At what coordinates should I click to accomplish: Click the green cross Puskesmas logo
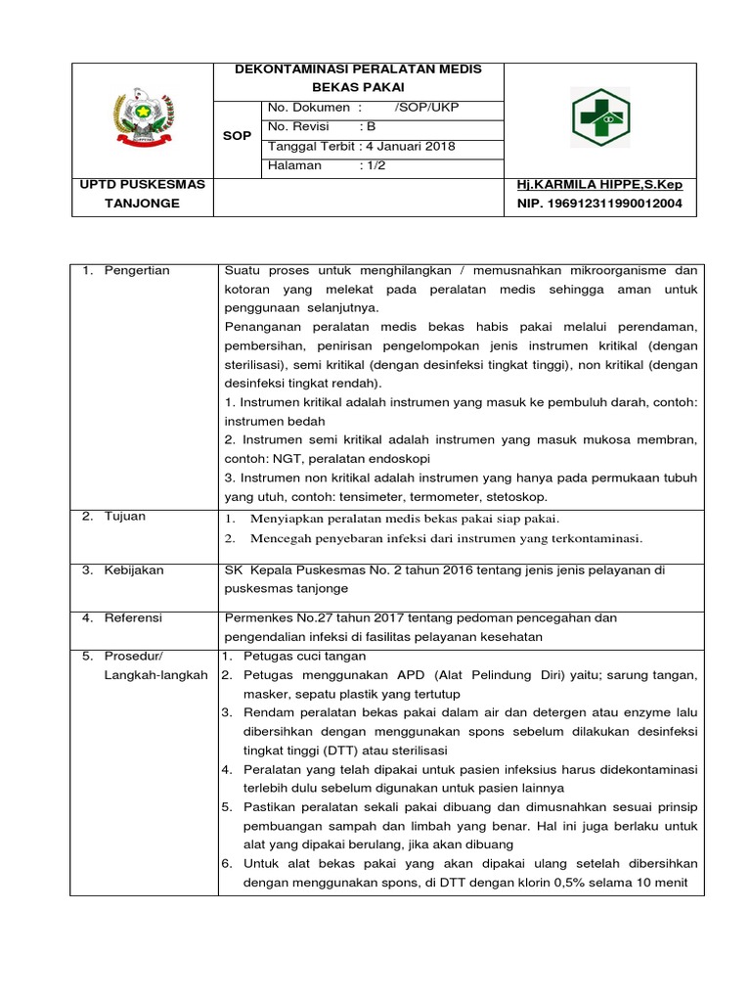tap(601, 118)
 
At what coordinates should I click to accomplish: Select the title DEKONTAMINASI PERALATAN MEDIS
tap(358, 69)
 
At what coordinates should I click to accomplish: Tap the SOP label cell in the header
tap(236, 136)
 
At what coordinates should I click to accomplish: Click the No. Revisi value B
tap(371, 127)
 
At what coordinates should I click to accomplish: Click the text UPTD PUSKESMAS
tap(142, 185)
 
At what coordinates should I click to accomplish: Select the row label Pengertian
tap(137, 271)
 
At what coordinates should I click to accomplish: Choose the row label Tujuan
tap(125, 517)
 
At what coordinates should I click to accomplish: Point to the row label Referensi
tap(134, 618)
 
